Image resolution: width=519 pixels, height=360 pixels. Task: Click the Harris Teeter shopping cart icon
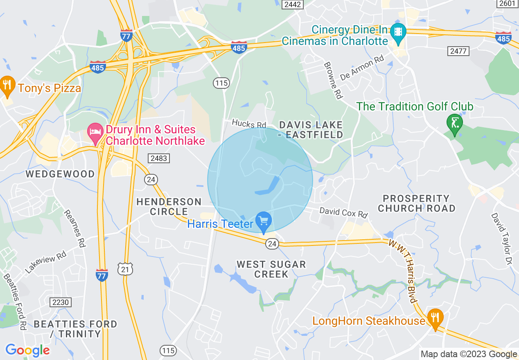(264, 221)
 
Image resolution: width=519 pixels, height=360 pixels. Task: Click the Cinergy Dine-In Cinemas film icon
(397, 32)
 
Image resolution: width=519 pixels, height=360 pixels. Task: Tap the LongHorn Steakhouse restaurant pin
(435, 317)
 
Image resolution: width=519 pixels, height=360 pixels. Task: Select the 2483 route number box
(159, 158)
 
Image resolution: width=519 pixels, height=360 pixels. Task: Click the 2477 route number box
(458, 51)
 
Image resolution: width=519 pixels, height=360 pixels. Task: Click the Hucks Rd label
(249, 124)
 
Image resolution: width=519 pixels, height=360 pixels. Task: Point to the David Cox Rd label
(343, 212)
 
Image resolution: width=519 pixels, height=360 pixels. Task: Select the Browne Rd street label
(333, 81)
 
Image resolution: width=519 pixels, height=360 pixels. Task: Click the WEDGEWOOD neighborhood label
(60, 174)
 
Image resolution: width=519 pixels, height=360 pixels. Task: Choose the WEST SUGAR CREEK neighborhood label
(271, 269)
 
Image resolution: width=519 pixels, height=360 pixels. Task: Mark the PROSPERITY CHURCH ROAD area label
(416, 203)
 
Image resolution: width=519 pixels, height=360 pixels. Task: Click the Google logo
(28, 350)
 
